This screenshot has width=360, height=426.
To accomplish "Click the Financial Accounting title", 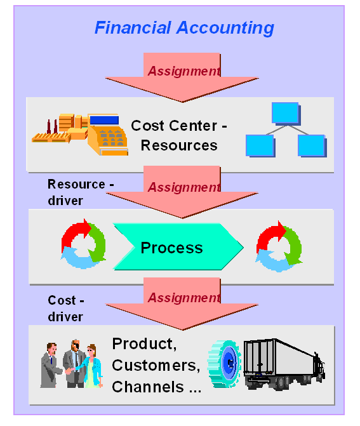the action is pos(184,28).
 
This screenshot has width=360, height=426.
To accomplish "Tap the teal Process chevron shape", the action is pos(178,247).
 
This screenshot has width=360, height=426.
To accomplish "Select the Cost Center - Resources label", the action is pos(179,136).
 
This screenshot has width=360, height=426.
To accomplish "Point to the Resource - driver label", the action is pos(81,192).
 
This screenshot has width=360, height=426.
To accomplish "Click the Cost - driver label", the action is pos(65,309).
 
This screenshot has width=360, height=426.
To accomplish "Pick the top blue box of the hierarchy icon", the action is pos(286,113).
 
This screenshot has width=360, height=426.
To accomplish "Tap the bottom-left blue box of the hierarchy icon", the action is pos(260,145).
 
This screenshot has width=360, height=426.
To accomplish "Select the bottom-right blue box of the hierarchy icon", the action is pos(312,145).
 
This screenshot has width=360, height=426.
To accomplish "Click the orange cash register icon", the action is pos(107,135).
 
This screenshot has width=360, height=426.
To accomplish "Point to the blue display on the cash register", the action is pos(104,120).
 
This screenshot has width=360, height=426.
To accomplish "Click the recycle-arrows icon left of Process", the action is pos(83,244).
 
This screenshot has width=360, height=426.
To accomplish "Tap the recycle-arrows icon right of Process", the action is pos(279,246).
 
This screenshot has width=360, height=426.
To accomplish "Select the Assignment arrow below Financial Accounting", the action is pos(182,77).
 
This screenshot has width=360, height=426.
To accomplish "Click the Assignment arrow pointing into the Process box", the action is pos(182,192).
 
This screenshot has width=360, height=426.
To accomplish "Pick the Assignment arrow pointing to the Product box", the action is pos(182,303).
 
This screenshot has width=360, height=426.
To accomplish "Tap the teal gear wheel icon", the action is pos(224,364).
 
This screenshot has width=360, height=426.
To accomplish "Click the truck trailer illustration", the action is pos(284,364).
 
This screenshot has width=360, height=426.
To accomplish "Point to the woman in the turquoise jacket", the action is pos(91,366).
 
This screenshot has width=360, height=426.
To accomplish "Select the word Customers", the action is pos(156,366).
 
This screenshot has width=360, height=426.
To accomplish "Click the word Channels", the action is pos(148,387).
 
